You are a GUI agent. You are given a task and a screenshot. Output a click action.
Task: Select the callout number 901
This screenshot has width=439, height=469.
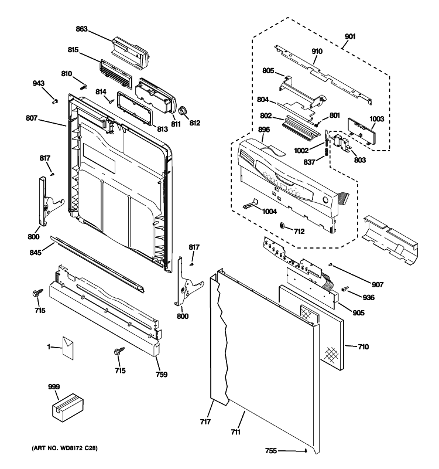[349, 36]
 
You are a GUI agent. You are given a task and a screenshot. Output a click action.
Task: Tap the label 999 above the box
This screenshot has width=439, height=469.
[54, 388]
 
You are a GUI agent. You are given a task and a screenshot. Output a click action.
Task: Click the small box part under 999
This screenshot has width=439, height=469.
[67, 407]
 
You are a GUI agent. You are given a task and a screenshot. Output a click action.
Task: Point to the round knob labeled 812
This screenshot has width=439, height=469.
[183, 111]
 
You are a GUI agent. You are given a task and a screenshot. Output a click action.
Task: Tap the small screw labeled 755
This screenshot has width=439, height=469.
[306, 451]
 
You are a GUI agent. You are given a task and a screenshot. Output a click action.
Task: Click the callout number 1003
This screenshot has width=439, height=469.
[376, 119]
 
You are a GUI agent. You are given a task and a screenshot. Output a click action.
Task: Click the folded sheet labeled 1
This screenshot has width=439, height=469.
[68, 348]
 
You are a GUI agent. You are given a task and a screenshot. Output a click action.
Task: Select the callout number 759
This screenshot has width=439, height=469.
[162, 375]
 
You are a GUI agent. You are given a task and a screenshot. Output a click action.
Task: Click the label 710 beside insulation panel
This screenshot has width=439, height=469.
[363, 347]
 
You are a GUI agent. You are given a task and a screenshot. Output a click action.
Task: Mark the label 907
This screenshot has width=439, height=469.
[377, 284]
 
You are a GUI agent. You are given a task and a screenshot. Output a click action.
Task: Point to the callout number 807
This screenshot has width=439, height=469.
[32, 118]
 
